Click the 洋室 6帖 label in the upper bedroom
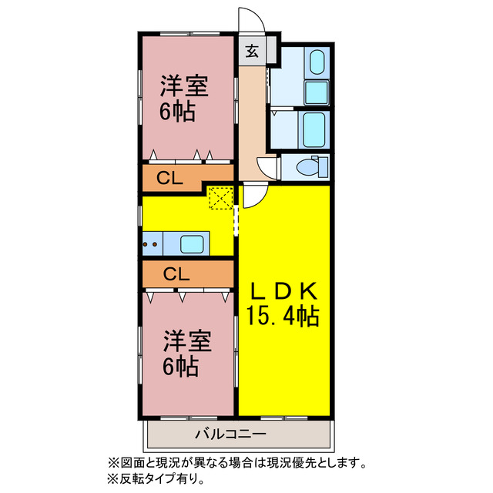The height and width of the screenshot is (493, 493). pos(182,99)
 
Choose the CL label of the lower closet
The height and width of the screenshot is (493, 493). pos(176,273)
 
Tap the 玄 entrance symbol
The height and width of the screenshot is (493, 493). pos(252,52)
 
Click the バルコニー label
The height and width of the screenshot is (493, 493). pos(230,434)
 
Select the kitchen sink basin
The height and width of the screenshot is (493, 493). pos(193,244)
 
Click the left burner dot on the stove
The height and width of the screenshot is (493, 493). pos(147,246)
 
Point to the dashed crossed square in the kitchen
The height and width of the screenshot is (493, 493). pos(221,198)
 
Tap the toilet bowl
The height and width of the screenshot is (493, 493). pos(310,166)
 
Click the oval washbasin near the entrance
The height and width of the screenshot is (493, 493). pos(314,63)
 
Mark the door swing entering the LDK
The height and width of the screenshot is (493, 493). pos(253,196)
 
